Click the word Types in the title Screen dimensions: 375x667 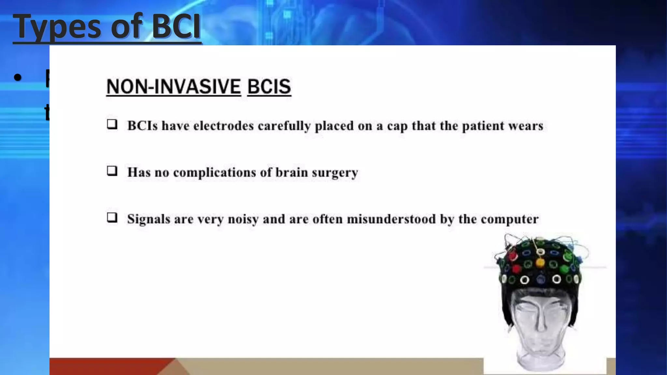tap(57, 27)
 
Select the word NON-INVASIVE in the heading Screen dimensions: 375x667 tap(174, 87)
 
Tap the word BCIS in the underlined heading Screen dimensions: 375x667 tap(269, 87)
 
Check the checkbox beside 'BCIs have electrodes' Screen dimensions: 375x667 tap(112, 124)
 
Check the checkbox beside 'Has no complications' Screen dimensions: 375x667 tap(112, 171)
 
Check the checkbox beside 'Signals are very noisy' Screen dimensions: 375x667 tap(112, 217)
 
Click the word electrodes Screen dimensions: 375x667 tap(223, 126)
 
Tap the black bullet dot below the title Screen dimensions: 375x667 tap(18, 77)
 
